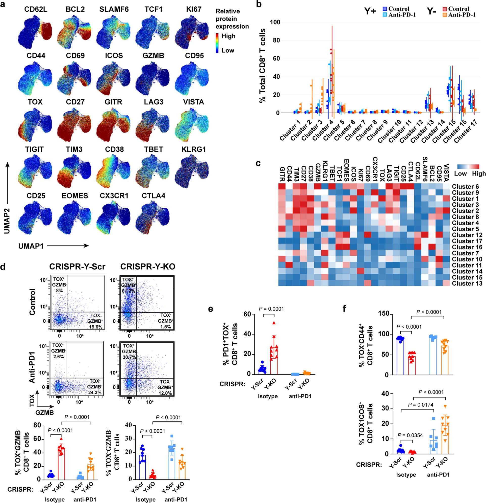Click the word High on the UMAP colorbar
[x=228, y=36]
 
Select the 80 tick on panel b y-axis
[x=277, y=41]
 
